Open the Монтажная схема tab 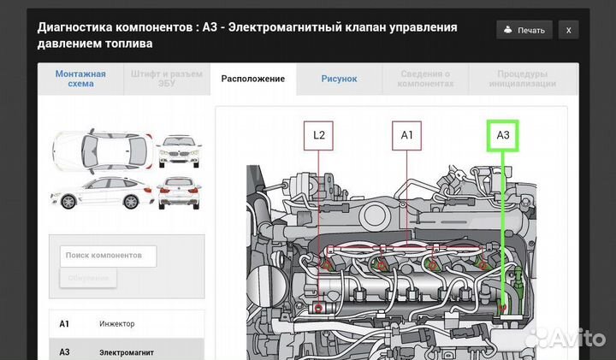coord(80,79)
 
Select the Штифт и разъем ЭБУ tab coord(167,79)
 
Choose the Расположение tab coord(252,79)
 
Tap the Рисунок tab coord(339,79)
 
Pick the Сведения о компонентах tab coord(425,79)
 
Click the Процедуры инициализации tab coord(522,79)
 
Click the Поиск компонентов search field coord(109,256)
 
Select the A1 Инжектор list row coord(126,324)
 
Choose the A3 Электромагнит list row coord(126,351)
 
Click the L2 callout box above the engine coord(319,135)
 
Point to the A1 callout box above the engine coord(407,135)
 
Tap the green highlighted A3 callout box coord(503,135)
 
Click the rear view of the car coord(178,193)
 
